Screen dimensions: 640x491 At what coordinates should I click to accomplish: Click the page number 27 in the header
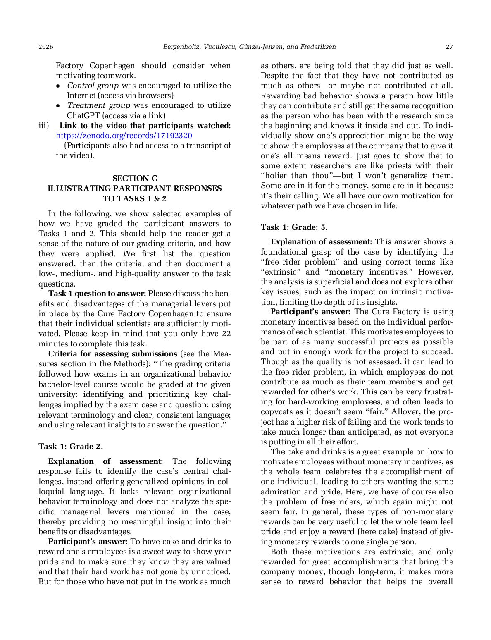pos(449,47)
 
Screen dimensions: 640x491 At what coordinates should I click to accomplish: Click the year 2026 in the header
pos(46,47)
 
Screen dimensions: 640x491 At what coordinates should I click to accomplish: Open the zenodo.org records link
pos(124,136)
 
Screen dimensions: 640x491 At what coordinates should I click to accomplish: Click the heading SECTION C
pos(135,179)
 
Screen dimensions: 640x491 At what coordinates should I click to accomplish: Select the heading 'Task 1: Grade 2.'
pos(71,447)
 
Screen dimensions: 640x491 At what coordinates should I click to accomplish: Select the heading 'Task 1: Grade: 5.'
pos(294,227)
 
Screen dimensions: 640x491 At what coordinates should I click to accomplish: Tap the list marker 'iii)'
pos(44,126)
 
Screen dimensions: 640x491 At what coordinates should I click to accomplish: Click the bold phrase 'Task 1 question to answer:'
pos(97,294)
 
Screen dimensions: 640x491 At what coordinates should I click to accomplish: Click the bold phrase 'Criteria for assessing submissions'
pos(112,354)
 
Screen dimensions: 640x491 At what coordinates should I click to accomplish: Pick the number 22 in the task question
pos(226,334)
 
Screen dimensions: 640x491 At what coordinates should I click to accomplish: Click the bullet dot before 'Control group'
pos(59,86)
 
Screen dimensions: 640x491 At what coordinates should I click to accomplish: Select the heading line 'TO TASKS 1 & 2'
pos(135,199)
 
